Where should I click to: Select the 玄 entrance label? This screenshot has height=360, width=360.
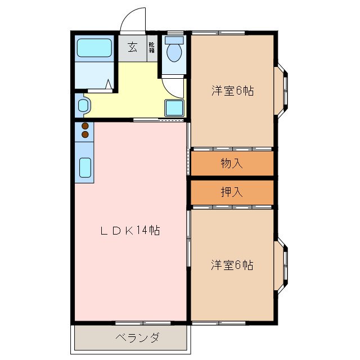[132, 47]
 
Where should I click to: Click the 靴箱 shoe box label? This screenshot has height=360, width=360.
[152, 47]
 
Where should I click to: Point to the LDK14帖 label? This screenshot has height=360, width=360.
[130, 230]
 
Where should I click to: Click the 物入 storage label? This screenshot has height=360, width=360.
[231, 163]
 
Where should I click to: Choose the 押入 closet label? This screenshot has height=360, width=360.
[231, 192]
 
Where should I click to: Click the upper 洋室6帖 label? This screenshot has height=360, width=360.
[232, 91]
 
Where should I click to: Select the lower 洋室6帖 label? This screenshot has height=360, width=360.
[232, 264]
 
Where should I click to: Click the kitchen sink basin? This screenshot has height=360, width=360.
[85, 167]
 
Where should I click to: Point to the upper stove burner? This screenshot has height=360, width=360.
[85, 126]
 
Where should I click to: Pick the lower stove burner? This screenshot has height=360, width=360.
[85, 134]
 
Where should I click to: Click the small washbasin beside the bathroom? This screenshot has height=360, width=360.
[83, 105]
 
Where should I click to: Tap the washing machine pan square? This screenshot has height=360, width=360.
[173, 107]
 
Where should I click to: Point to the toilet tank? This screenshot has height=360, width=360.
[175, 40]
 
